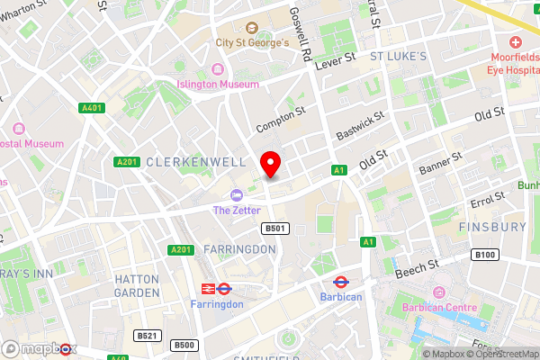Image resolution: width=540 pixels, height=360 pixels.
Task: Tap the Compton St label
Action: click(281, 116)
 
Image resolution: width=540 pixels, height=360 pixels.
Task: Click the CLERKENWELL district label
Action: click(183, 163)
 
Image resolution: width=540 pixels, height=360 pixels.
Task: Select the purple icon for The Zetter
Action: click(236, 195)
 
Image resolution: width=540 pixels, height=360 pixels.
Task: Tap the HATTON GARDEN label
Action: click(138, 286)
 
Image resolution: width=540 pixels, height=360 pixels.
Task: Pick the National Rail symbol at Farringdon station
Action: click(206, 289)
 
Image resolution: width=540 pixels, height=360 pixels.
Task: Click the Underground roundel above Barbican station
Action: click(341, 282)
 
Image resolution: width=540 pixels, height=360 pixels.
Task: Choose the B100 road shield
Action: click(485, 256)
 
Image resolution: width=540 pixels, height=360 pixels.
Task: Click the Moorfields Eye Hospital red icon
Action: click(516, 42)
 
